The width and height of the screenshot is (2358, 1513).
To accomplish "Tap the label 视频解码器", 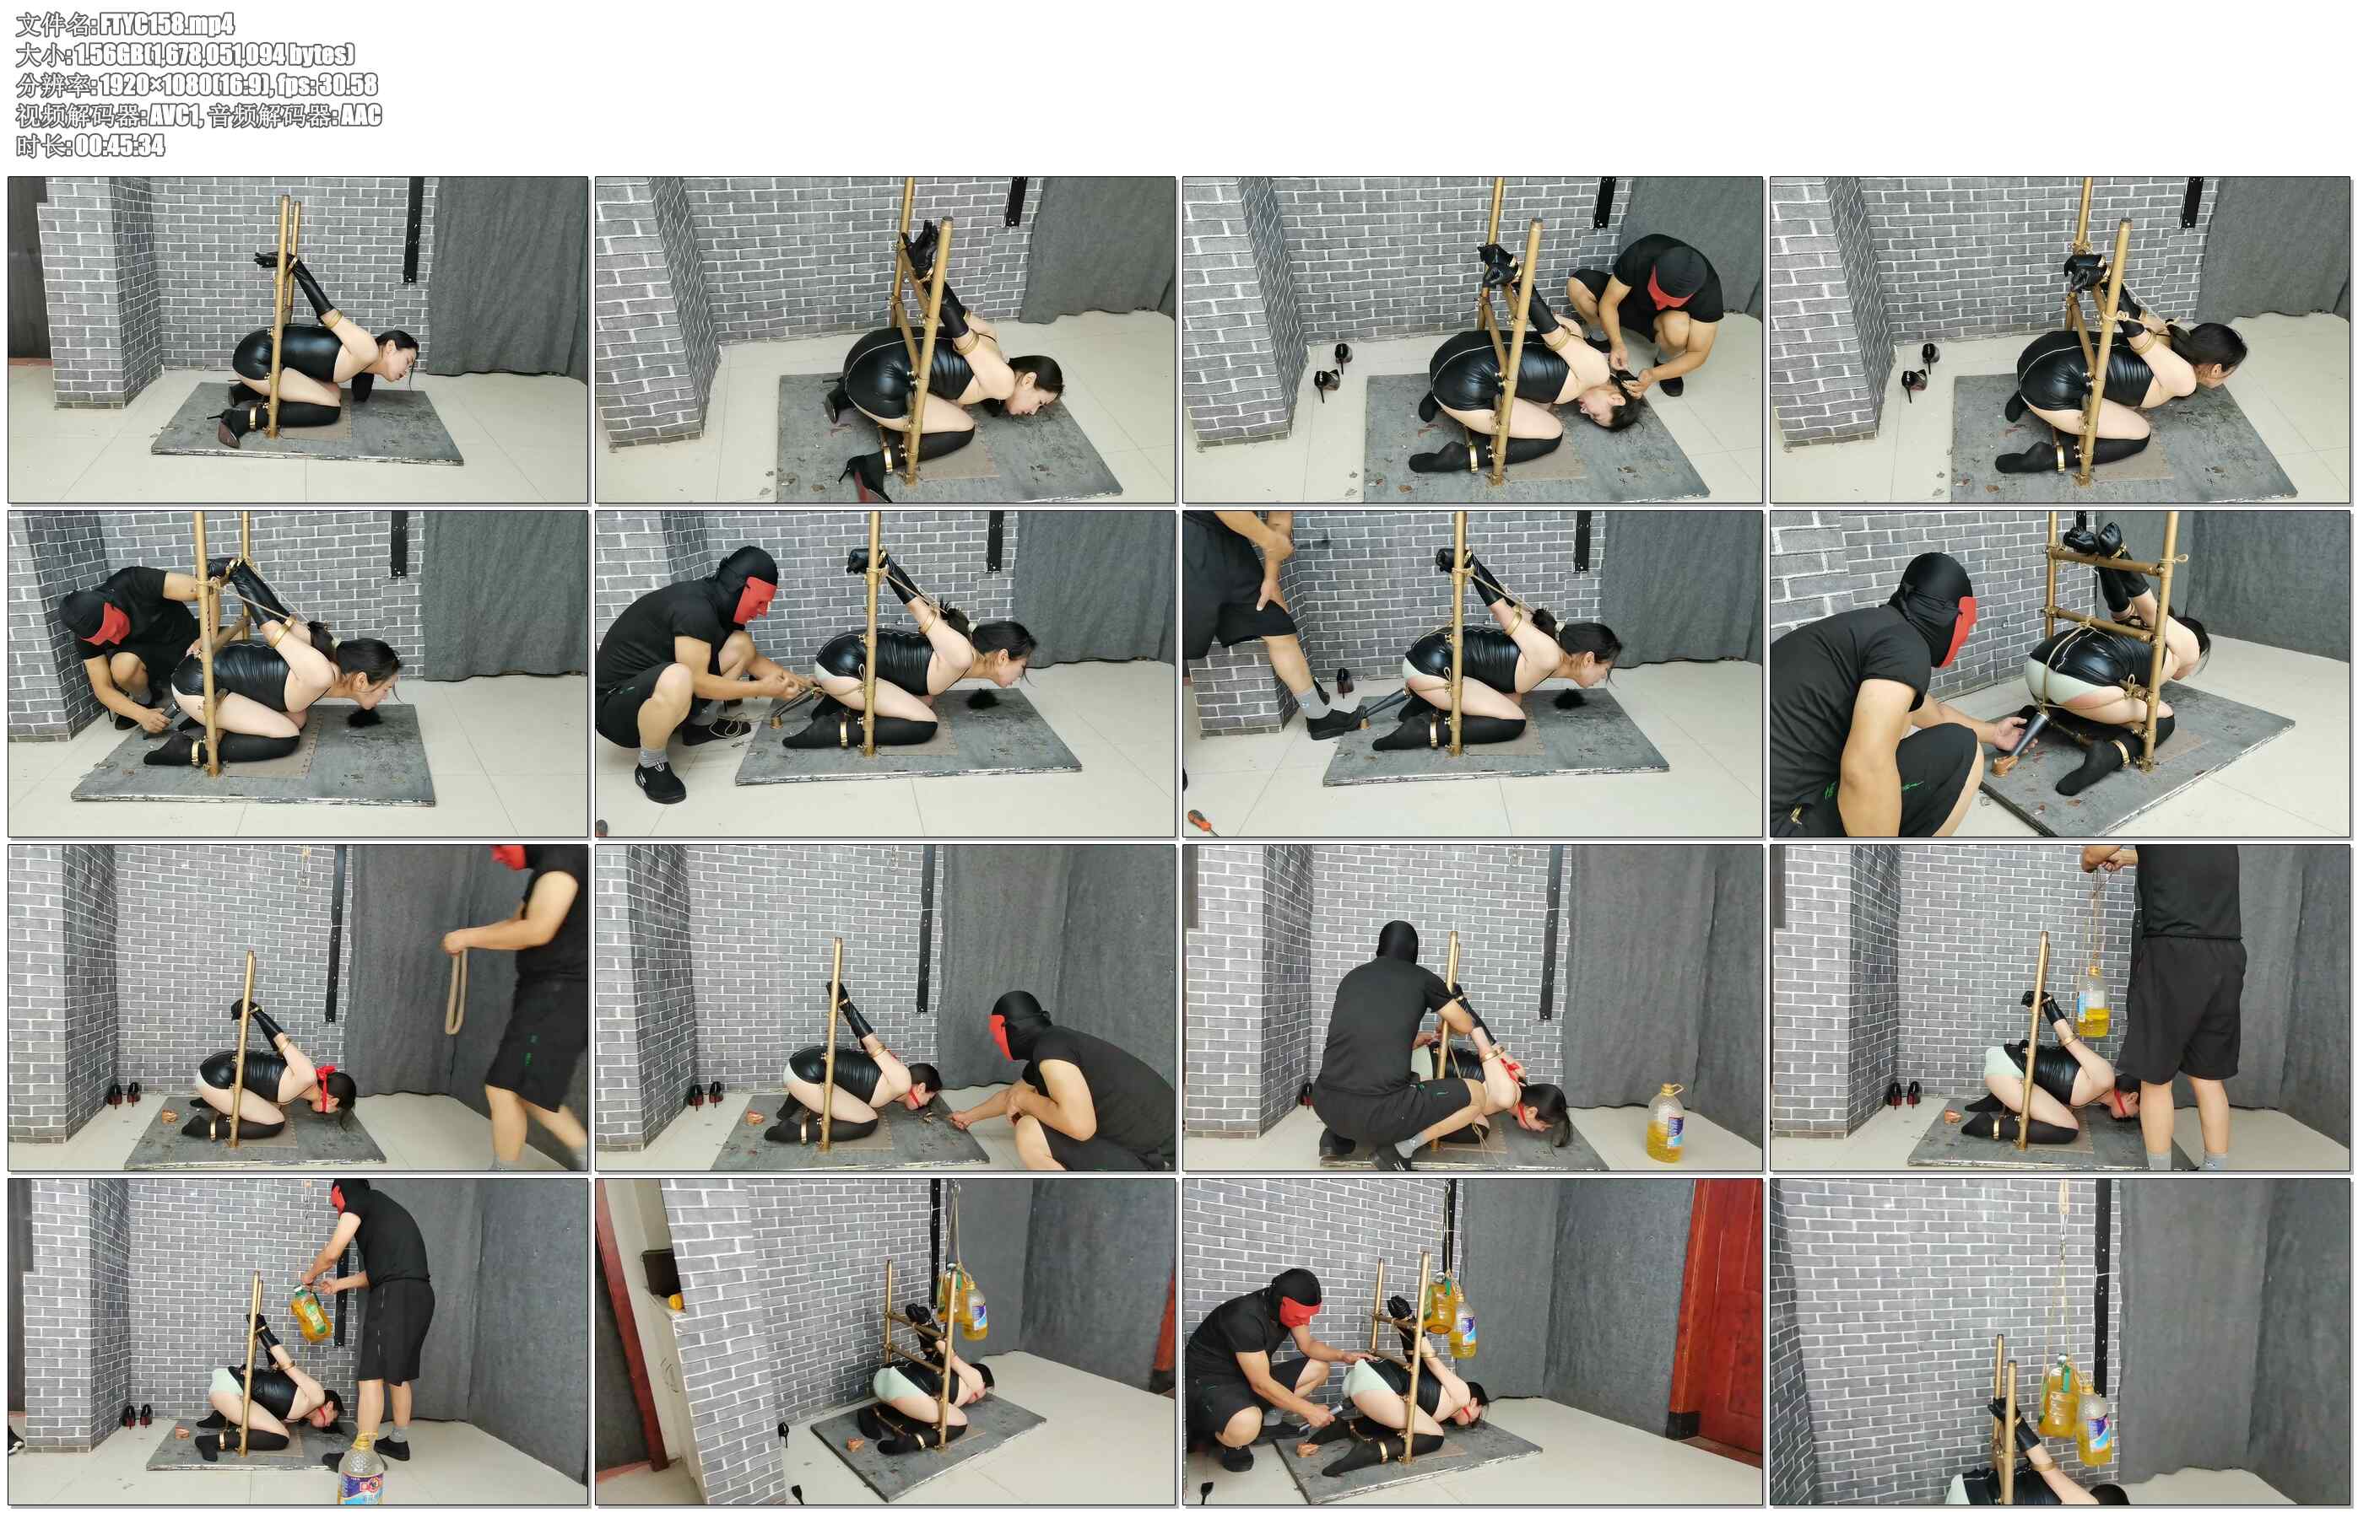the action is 77,116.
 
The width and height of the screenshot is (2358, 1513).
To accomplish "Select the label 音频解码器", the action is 268,116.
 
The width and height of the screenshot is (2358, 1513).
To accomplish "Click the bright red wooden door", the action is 1717,1311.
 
